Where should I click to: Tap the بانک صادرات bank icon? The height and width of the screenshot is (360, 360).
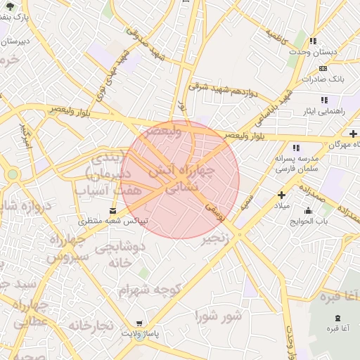(323, 68)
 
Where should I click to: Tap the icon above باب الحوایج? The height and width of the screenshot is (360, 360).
(308, 210)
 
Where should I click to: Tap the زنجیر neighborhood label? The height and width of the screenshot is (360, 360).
(215, 240)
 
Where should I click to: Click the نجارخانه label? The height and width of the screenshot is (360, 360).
(91, 326)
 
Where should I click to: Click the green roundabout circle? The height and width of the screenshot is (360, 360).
(12, 174)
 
